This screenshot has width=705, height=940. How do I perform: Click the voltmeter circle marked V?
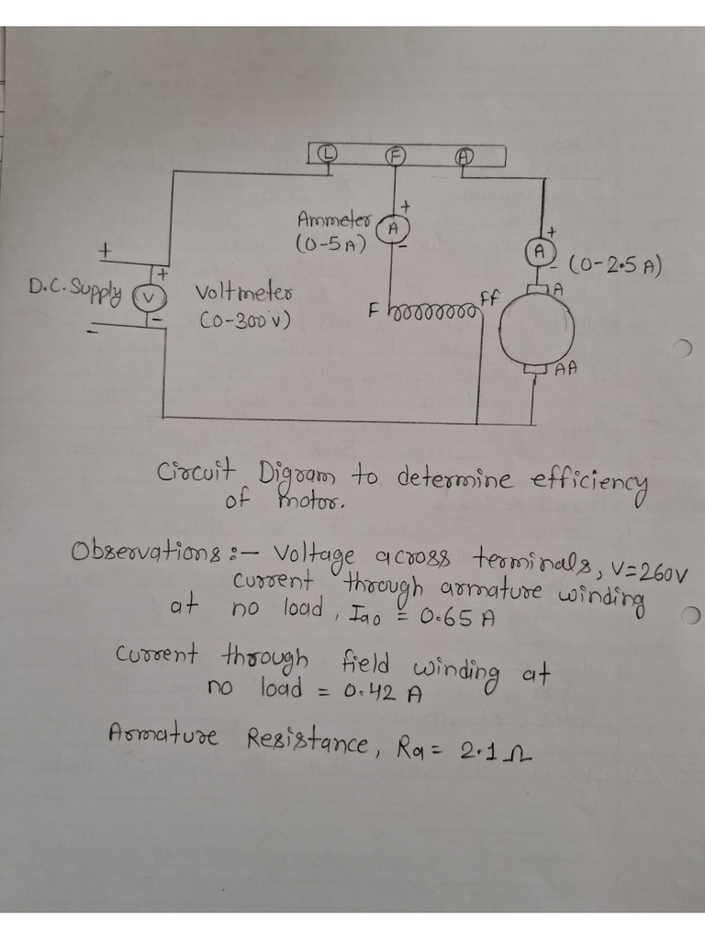[149, 296]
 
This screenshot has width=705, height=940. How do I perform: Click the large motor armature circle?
[537, 330]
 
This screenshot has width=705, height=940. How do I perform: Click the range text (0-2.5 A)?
[615, 267]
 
